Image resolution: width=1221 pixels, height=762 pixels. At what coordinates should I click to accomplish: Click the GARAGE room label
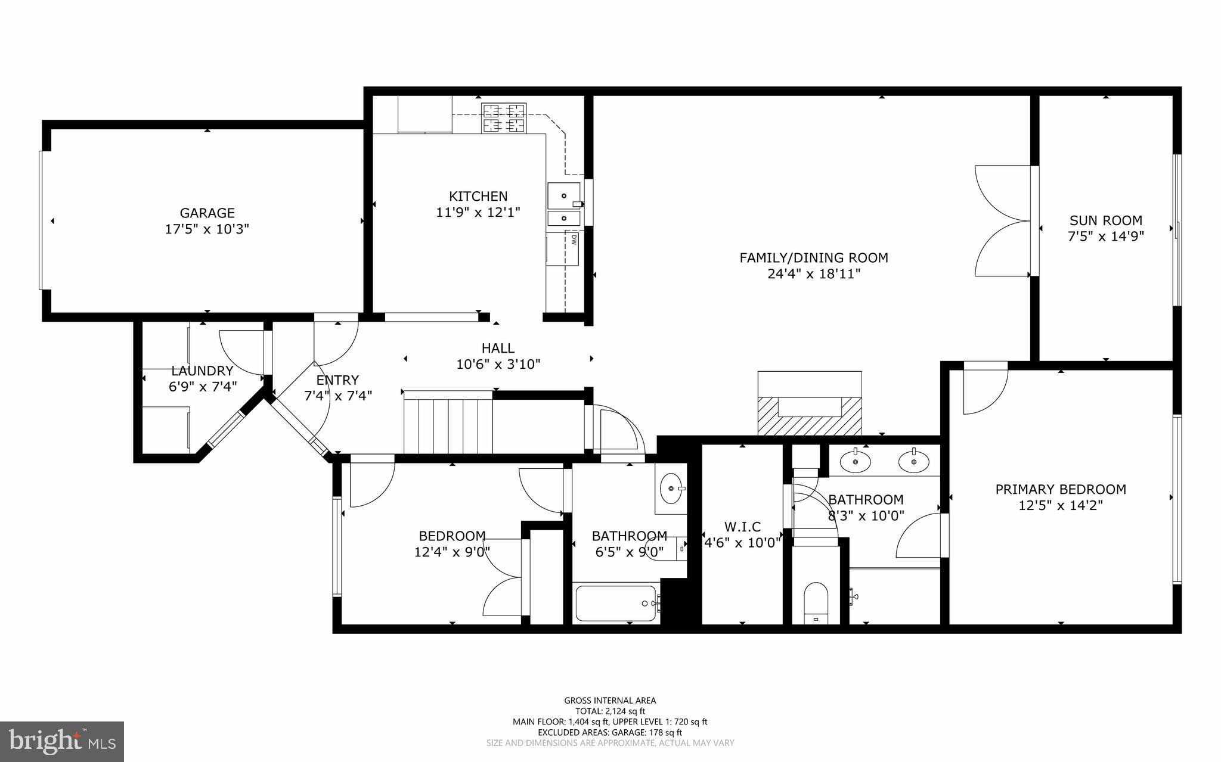[207, 213]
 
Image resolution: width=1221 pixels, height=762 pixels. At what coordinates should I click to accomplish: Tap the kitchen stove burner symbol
[504, 117]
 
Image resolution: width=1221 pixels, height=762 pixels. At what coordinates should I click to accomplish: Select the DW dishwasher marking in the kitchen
[574, 240]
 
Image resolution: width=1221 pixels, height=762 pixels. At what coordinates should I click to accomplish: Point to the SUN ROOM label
[1105, 220]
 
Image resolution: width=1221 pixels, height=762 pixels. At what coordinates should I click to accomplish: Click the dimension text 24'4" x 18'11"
[814, 274]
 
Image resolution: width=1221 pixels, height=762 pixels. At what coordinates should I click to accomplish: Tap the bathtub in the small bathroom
[616, 603]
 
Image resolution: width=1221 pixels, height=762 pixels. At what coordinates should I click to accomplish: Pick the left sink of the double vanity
[855, 461]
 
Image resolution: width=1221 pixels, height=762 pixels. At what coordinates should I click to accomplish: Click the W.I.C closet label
[742, 527]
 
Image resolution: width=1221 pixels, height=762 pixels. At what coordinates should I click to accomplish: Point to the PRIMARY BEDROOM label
[1060, 489]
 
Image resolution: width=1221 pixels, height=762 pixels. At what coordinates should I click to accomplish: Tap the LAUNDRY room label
[202, 371]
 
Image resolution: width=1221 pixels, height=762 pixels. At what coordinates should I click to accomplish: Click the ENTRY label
[337, 380]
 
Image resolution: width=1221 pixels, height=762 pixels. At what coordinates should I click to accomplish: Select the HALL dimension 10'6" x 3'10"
[498, 364]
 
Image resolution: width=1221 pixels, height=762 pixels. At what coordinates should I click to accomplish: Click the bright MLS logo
[62, 741]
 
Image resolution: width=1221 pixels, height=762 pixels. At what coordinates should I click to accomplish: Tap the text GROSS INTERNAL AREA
[610, 701]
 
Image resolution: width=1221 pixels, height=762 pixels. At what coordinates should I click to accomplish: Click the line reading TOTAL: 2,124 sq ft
[610, 711]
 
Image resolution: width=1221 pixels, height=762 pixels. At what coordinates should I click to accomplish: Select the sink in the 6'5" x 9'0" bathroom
[673, 489]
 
